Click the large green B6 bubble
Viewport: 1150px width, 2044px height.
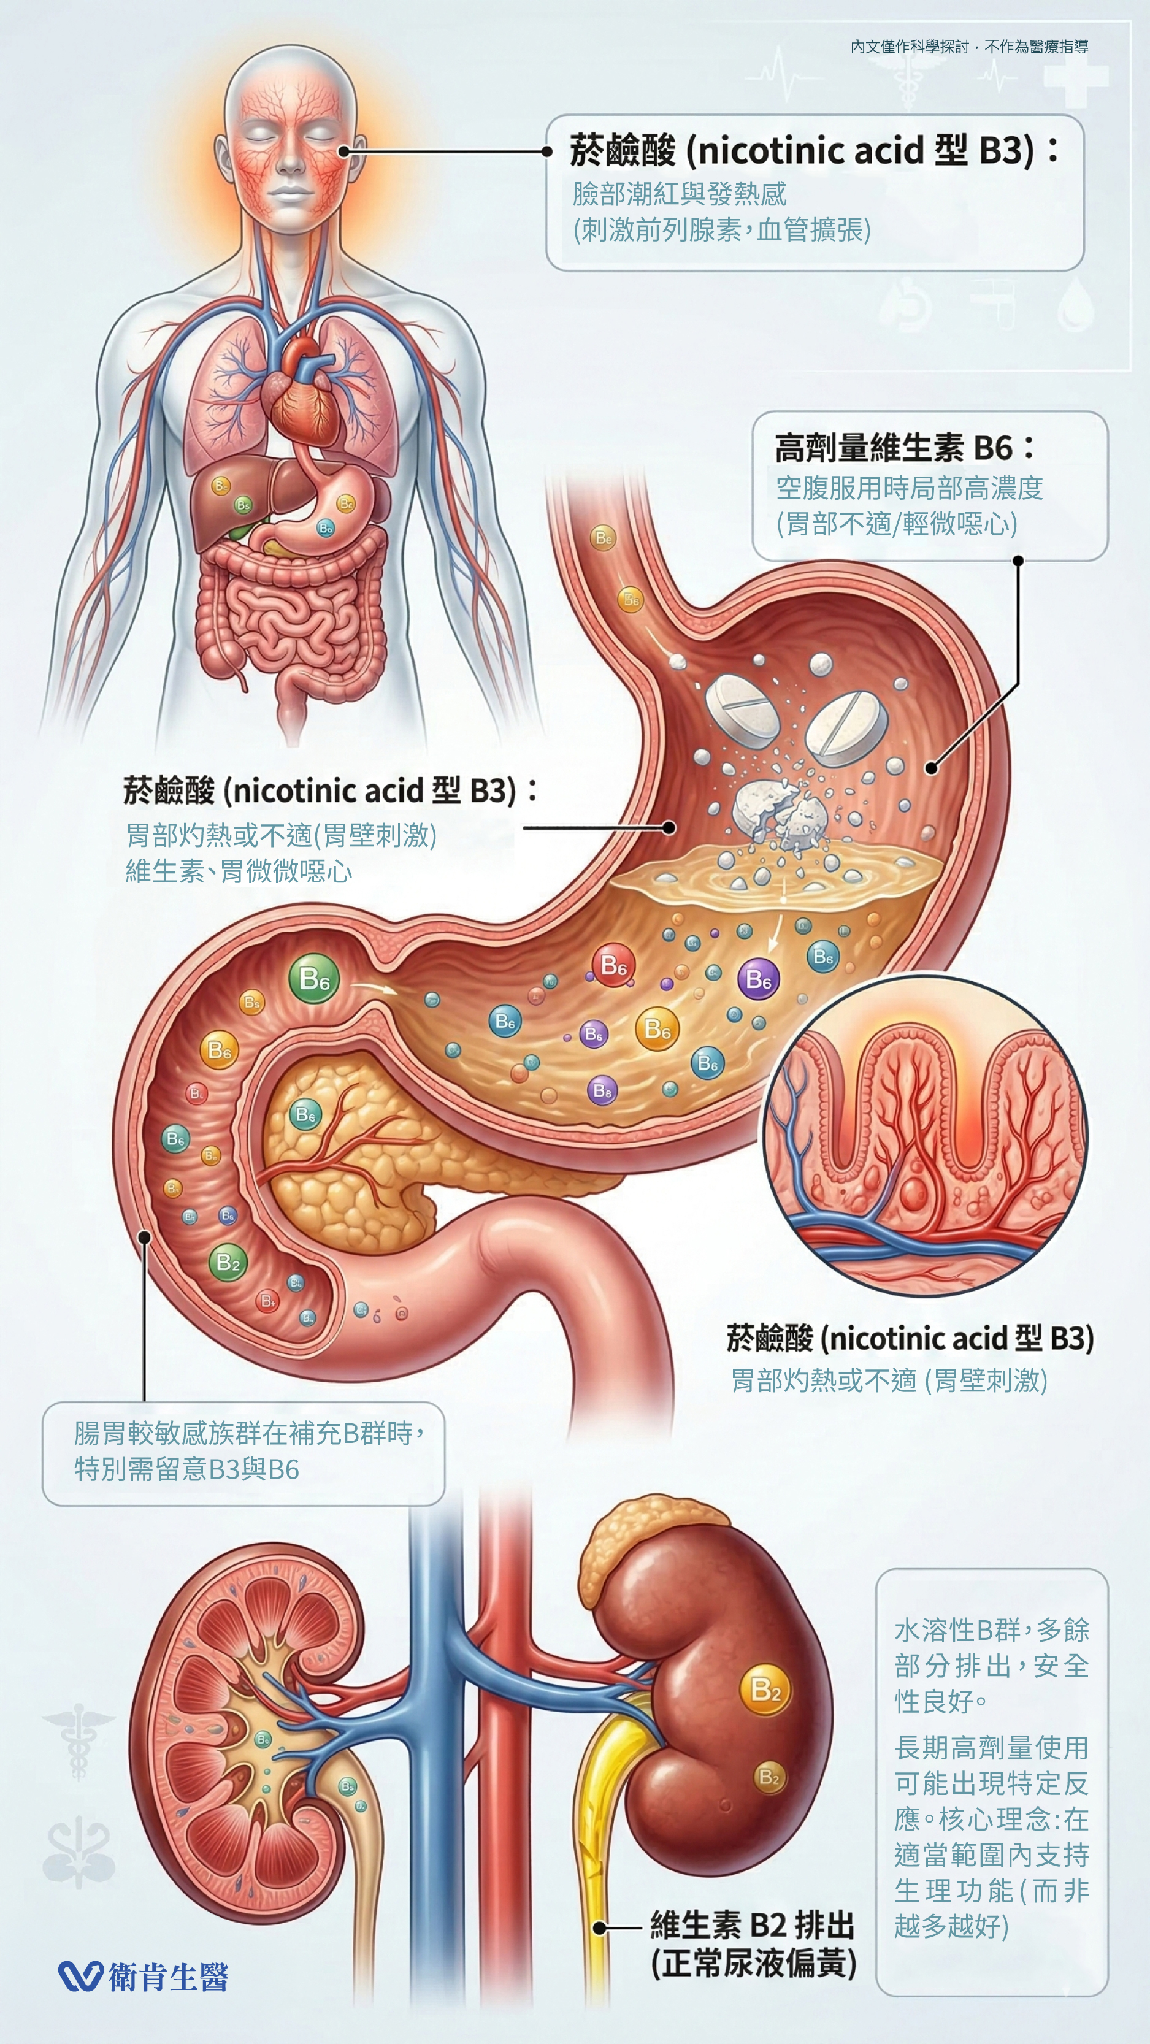pos(314,978)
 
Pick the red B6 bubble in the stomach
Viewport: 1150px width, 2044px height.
pos(613,965)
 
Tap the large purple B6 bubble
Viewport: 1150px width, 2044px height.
pos(758,979)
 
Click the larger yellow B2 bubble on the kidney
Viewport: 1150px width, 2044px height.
pos(765,1690)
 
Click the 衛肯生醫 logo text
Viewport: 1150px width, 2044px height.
pos(168,1976)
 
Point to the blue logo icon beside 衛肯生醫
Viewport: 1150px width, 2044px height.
pos(80,1976)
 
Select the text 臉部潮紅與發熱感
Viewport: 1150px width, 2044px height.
pos(680,194)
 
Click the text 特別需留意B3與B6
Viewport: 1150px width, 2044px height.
pos(186,1469)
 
